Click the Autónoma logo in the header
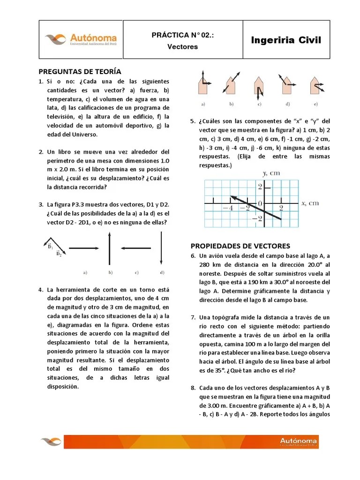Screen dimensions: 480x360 click(x=81, y=39)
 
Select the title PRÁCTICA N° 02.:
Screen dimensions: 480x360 click(x=183, y=35)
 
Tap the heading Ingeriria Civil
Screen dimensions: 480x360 click(x=286, y=40)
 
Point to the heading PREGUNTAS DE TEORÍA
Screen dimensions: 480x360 click(x=80, y=72)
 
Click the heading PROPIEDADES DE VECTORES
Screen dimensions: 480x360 click(x=240, y=246)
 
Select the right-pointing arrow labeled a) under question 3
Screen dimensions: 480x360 click(x=85, y=248)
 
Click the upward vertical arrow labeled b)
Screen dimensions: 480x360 click(x=110, y=249)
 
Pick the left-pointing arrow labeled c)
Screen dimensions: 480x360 click(x=136, y=248)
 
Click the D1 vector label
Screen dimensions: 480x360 click(x=50, y=246)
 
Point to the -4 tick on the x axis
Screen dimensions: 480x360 click(x=228, y=208)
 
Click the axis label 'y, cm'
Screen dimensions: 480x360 click(x=271, y=173)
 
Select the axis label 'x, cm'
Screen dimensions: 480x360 click(x=310, y=203)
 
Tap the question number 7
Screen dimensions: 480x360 click(x=193, y=317)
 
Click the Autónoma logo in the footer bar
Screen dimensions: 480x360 click(x=298, y=441)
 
